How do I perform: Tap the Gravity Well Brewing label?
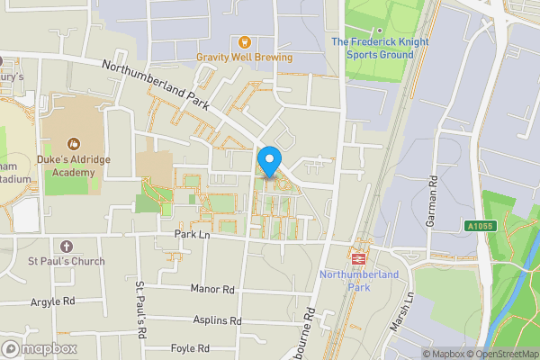coord(245,58)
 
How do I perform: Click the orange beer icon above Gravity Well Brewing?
coord(243,41)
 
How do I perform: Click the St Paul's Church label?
coord(66,262)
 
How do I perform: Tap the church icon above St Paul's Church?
coord(66,246)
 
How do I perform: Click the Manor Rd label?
coord(212,290)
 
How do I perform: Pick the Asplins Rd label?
coord(217,320)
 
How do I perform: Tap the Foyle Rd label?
coord(190,348)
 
